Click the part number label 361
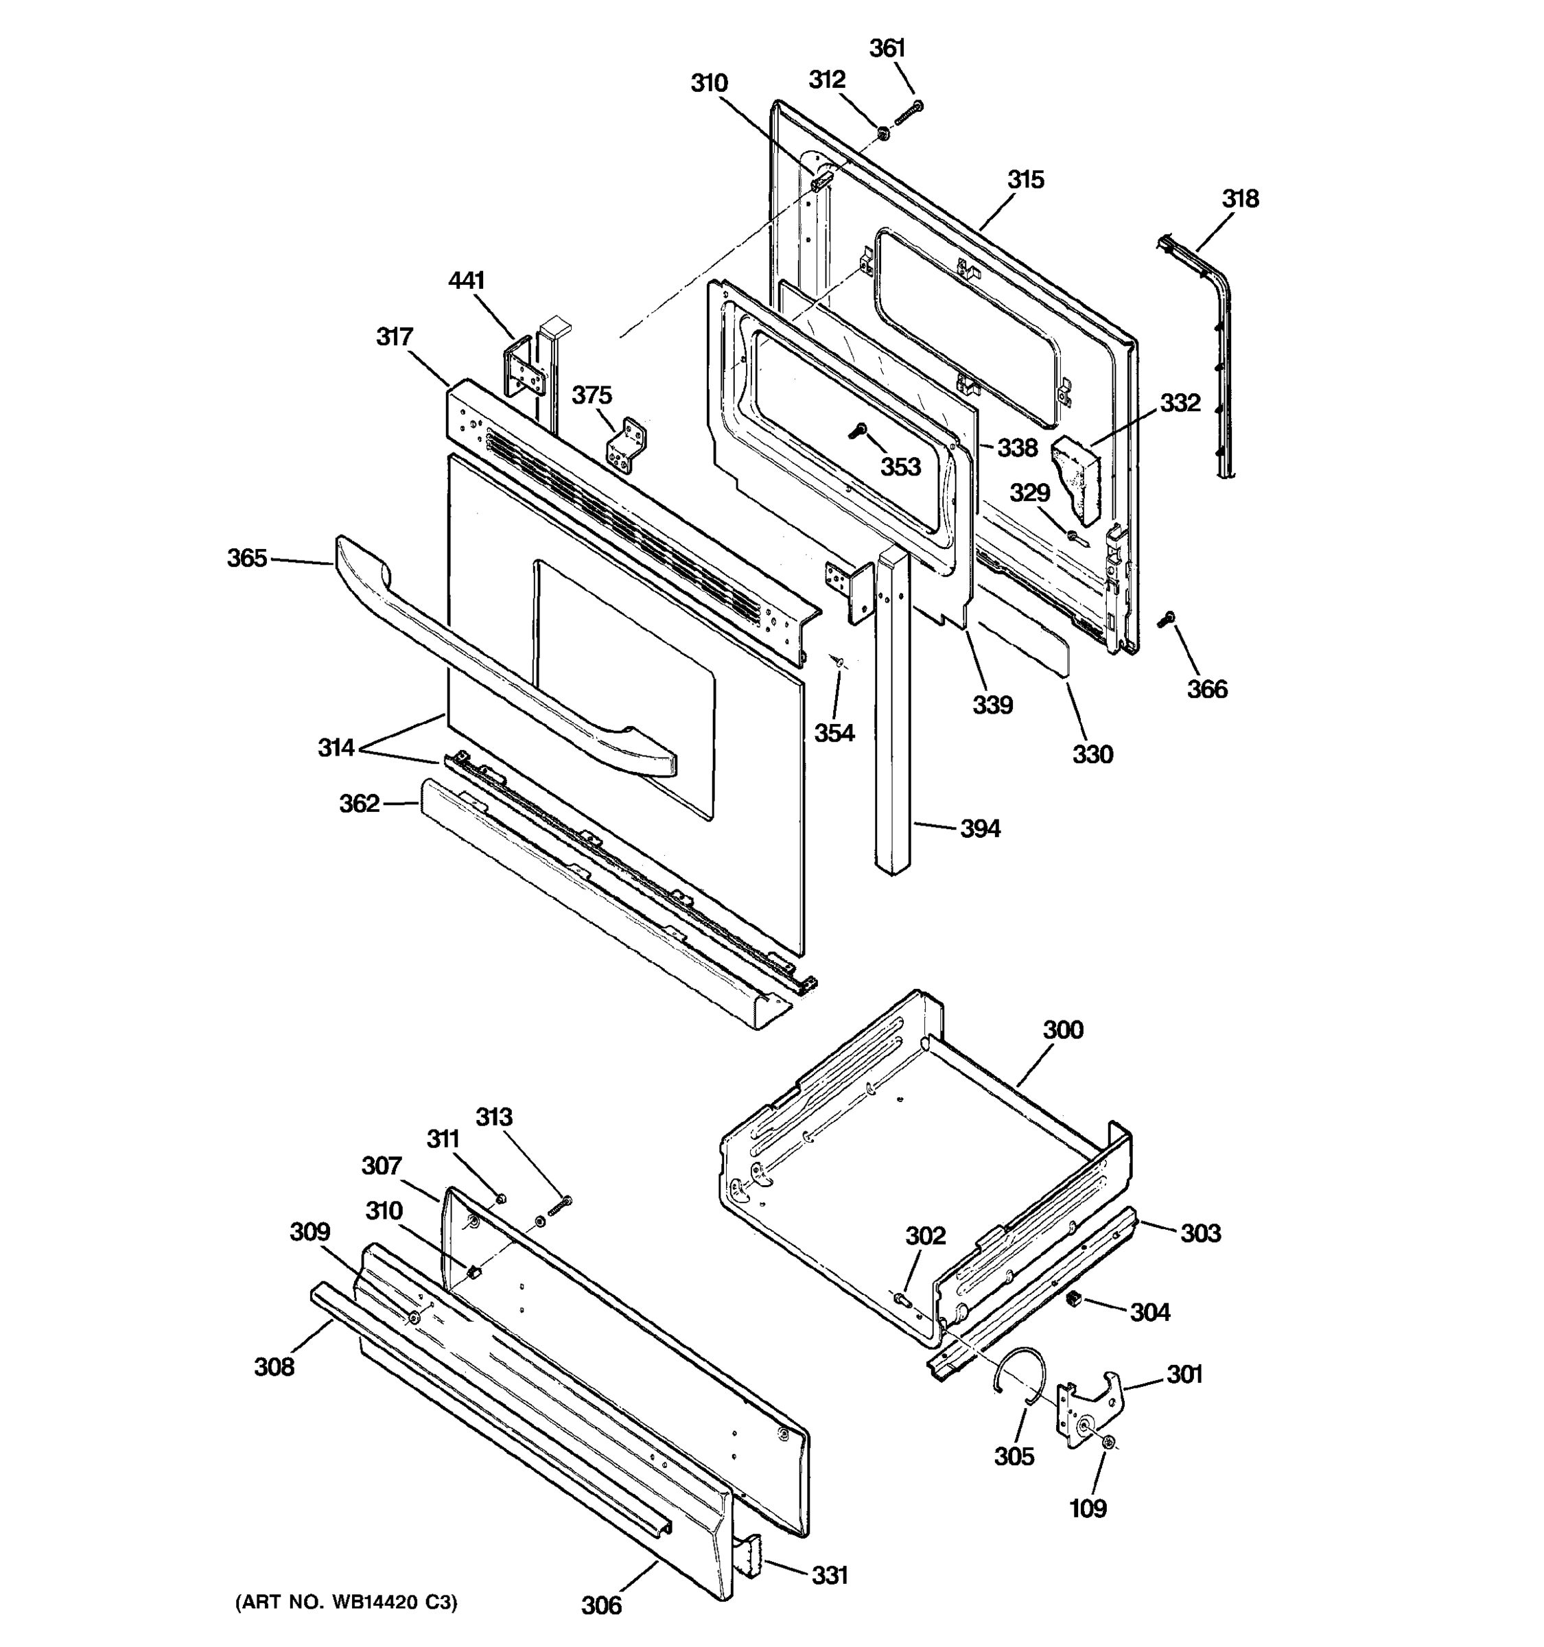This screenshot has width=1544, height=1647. click(887, 48)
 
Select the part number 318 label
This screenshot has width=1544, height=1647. click(1240, 199)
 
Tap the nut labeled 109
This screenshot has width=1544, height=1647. click(1107, 1443)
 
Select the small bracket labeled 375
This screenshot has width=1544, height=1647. click(627, 445)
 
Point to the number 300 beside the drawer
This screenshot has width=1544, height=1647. click(1063, 1030)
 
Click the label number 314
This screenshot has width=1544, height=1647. click(336, 748)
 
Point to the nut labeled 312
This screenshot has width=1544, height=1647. click(883, 131)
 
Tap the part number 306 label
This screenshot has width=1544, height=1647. click(601, 1606)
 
